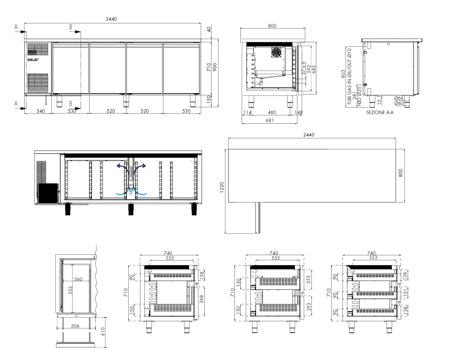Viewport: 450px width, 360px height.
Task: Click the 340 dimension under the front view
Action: [41, 111]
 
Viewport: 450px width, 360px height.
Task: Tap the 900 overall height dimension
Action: [215, 67]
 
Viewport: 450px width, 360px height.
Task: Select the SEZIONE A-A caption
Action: [380, 112]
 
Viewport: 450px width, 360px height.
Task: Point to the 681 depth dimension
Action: [270, 121]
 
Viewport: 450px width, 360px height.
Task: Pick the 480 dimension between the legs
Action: [272, 112]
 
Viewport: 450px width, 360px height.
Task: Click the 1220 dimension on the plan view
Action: [221, 188]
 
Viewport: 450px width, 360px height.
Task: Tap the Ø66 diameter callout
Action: [399, 98]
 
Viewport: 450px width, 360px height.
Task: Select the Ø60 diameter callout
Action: [399, 103]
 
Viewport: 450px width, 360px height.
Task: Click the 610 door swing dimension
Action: [103, 331]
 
